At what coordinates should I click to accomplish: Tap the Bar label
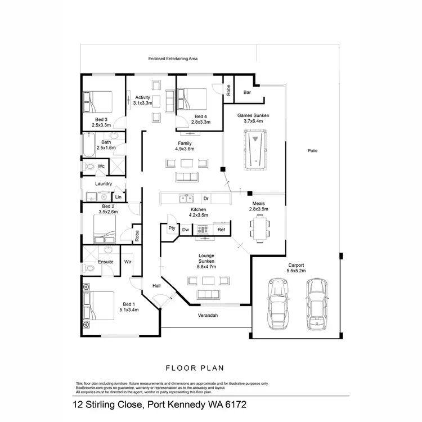pos(247,92)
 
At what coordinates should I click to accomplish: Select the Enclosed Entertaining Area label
pos(173,58)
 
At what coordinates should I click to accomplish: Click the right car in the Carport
pos(316,304)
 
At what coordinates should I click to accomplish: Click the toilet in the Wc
pos(89,167)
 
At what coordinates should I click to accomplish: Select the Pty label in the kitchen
pos(172,229)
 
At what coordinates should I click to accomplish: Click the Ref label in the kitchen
pos(221,230)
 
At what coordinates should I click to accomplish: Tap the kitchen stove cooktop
pos(201,230)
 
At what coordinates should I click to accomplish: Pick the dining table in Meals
pos(259,227)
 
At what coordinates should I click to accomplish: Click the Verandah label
pos(208,316)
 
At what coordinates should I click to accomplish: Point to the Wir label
pos(128,262)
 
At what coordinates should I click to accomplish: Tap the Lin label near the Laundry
pos(119,197)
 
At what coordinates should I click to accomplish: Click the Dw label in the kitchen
pos(186,230)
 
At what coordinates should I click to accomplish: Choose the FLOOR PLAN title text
pos(195,368)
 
